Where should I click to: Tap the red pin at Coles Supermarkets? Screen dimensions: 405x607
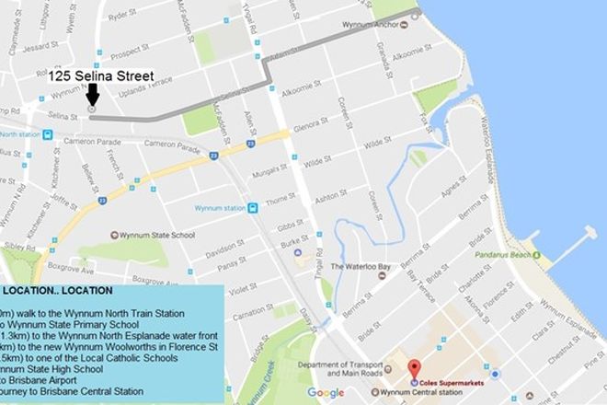click(413, 366)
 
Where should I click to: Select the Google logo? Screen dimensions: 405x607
click(326, 393)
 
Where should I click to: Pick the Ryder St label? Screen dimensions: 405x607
click(122, 16)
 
